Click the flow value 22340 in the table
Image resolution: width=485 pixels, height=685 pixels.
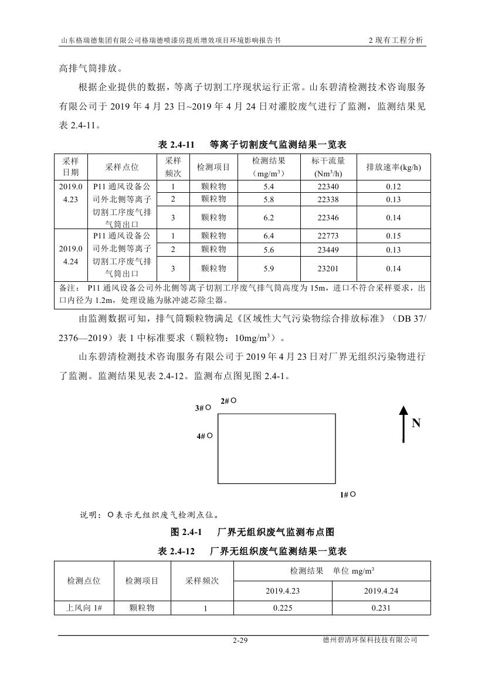point(328,186)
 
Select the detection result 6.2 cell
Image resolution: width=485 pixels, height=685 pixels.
point(269,217)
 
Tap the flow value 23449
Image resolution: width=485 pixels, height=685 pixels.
point(328,249)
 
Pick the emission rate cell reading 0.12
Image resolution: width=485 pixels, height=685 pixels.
point(394,186)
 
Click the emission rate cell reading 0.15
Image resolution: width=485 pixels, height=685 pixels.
point(394,236)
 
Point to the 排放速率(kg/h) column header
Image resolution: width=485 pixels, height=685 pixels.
point(394,167)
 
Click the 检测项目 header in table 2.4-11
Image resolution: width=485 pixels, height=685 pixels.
point(213,167)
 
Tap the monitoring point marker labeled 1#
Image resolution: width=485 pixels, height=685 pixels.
point(353,494)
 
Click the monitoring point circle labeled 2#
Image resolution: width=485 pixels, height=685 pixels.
point(233,400)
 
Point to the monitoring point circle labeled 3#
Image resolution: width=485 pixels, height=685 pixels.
point(209,407)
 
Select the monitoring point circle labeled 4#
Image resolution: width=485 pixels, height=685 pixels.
point(209,435)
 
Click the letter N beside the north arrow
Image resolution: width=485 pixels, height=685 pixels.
point(416,423)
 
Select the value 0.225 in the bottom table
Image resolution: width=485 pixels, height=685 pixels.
point(283,608)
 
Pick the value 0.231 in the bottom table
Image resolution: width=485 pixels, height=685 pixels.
point(381,608)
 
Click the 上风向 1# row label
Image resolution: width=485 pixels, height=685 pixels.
point(84,608)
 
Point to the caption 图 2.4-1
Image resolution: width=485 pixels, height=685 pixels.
point(186,532)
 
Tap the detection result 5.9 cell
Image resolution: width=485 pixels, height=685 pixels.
point(269,268)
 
